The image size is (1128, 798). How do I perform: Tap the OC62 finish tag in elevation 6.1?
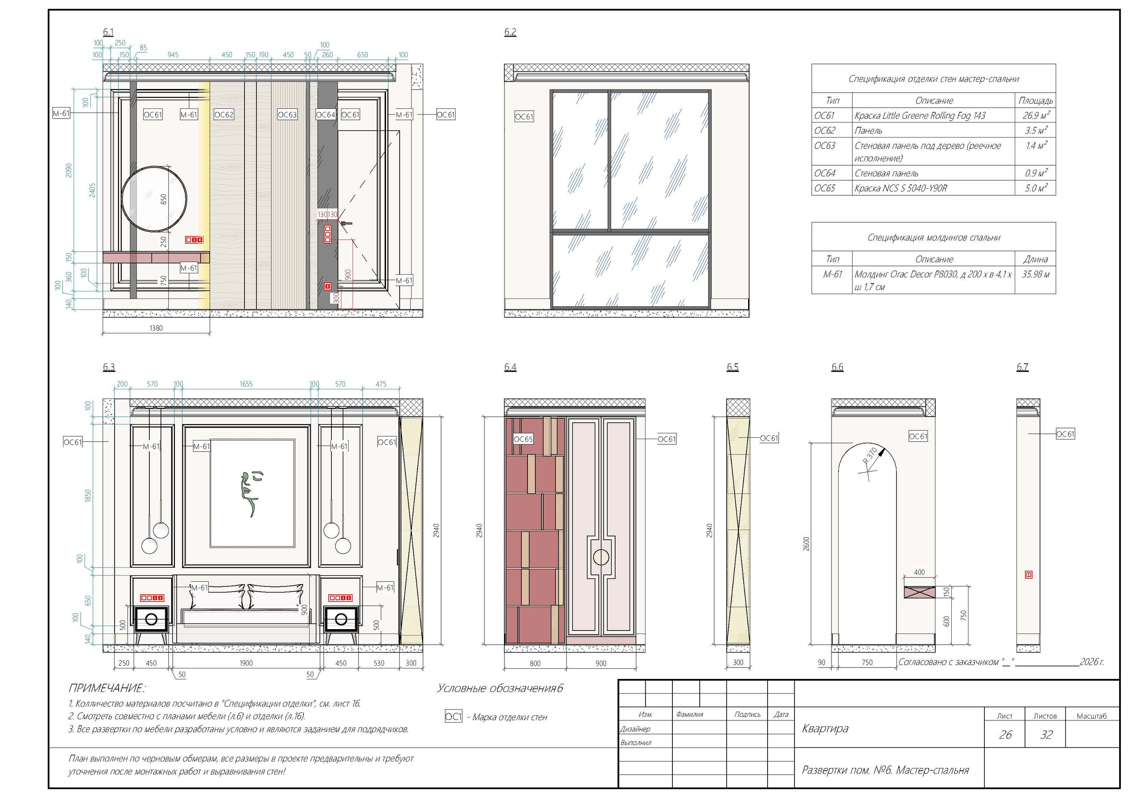pos(223,115)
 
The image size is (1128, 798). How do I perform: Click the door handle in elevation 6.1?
pos(346,224)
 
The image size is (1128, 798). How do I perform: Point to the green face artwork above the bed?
pos(250,493)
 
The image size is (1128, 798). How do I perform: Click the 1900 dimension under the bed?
pos(246,663)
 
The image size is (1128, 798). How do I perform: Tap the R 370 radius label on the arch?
pos(870,456)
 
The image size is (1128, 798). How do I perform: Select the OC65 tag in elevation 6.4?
pos(523,439)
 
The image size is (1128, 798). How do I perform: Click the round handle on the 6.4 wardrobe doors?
pos(601,557)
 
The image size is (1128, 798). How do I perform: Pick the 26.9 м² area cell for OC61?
pos(1035,116)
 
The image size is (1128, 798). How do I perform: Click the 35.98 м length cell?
pos(1035,274)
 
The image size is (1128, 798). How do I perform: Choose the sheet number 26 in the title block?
pos(1005,735)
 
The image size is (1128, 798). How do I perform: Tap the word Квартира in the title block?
pos(825,728)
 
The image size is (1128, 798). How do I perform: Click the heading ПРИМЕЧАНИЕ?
pos(107,688)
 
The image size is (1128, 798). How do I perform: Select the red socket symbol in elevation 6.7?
pos(1028,574)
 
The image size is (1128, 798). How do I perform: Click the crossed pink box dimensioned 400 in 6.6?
pos(919,592)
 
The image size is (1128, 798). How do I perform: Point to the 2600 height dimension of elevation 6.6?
pos(806,543)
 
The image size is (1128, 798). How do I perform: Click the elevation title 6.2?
pos(510,32)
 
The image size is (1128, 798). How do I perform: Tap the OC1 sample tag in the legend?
pos(453,716)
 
